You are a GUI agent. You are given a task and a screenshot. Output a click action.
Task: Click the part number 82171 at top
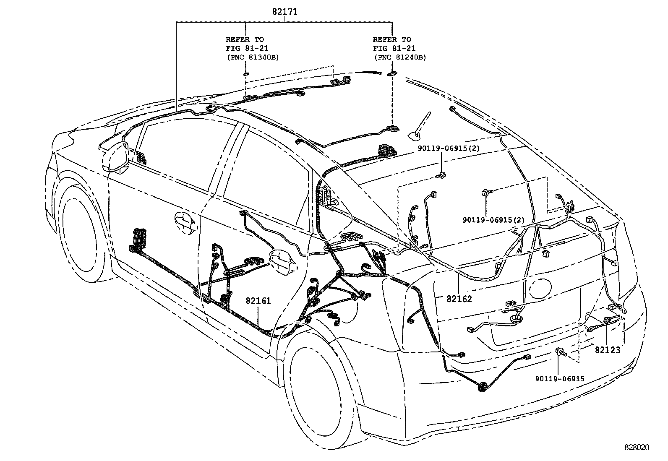tap(284, 12)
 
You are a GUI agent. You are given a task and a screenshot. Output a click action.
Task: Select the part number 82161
tap(258, 301)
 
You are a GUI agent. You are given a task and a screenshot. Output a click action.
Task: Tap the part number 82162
tap(459, 299)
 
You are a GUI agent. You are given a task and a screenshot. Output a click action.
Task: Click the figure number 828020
tap(636, 448)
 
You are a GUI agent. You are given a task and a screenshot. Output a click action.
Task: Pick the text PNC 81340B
tap(252, 57)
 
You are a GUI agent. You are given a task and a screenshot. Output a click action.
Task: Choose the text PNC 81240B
tap(399, 57)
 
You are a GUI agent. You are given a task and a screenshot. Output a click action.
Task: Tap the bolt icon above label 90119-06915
tap(561, 352)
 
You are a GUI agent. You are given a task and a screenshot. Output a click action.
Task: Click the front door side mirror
tap(117, 157)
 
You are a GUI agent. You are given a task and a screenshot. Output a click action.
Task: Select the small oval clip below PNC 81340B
tap(245, 75)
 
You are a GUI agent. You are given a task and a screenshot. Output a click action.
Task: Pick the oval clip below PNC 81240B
tap(392, 74)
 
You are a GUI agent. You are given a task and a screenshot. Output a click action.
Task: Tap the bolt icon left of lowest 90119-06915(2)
tap(485, 193)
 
